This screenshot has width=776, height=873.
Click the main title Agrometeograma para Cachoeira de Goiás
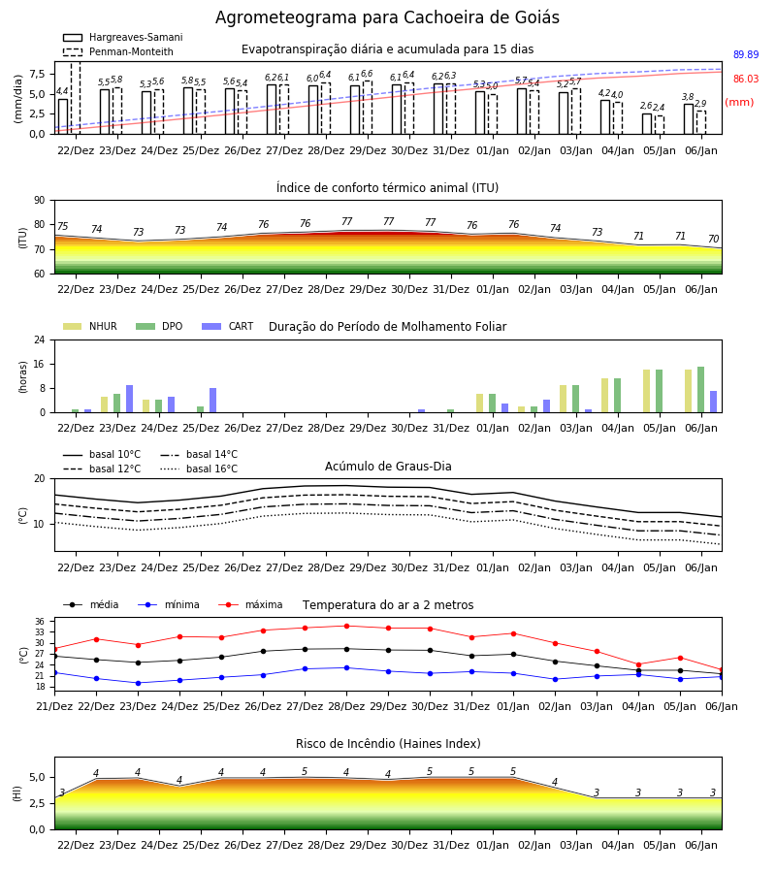[387, 17]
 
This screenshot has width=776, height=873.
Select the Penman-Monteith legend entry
[118, 51]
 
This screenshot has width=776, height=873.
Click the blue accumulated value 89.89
[746, 54]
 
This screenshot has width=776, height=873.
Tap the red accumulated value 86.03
[746, 80]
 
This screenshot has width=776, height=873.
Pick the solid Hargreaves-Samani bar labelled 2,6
[647, 123]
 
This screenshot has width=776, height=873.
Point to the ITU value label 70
[713, 239]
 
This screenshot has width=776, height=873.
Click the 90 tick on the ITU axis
[40, 201]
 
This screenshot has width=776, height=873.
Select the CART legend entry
[228, 326]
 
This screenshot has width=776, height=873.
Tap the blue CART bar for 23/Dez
[130, 399]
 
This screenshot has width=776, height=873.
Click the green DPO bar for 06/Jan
[701, 390]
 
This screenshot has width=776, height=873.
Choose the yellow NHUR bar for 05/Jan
[646, 391]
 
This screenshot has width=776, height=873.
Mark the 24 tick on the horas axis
[40, 339]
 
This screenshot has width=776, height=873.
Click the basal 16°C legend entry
[199, 469]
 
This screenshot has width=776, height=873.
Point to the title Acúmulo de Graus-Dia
[388, 467]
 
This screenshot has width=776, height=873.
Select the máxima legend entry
[251, 604]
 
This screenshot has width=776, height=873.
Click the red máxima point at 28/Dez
[347, 626]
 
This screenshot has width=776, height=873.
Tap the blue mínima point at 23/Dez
[138, 683]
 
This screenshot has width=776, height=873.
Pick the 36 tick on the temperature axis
[40, 622]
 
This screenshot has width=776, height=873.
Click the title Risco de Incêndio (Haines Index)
[388, 744]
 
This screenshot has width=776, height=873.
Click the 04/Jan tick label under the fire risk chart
[618, 845]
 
